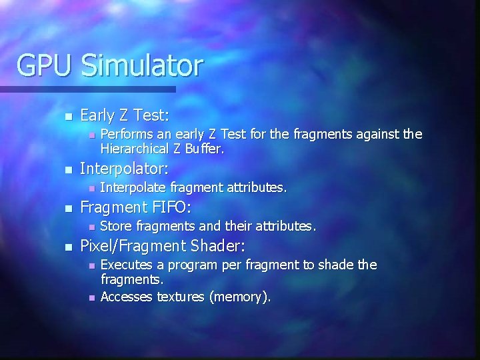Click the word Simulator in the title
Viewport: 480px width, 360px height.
click(141, 65)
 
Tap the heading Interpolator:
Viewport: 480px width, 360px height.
click(124, 168)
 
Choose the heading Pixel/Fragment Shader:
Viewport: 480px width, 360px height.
click(163, 246)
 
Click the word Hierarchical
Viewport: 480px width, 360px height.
click(138, 149)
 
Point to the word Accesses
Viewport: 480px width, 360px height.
click(127, 297)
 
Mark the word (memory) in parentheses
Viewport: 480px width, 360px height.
click(240, 297)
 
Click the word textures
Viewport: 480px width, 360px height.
click(181, 297)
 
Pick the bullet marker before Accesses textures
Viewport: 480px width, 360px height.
click(91, 298)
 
